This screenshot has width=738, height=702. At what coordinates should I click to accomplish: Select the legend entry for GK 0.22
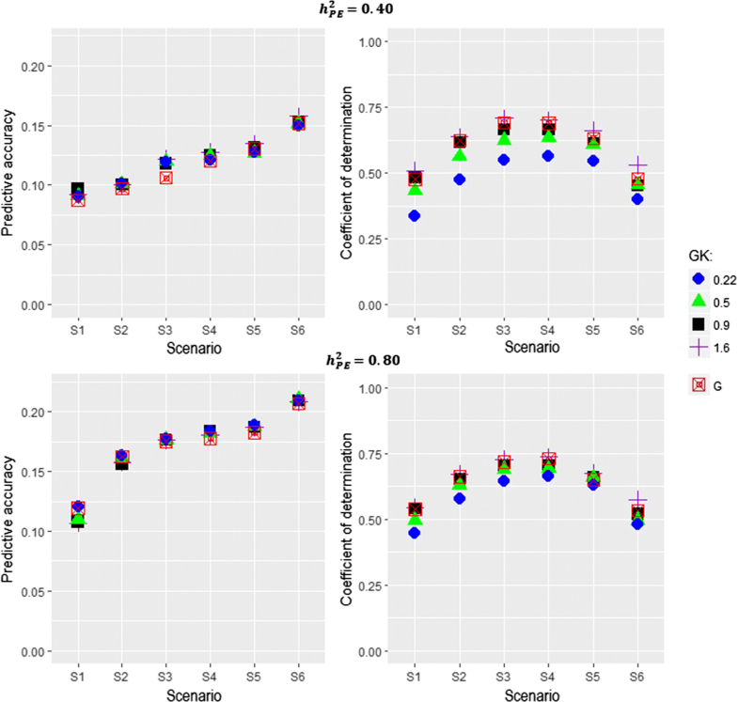point(698,279)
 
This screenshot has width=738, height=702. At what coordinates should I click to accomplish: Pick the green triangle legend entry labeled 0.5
point(698,301)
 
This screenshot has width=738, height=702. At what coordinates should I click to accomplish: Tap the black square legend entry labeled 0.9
point(698,322)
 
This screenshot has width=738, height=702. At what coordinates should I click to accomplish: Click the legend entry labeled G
point(698,384)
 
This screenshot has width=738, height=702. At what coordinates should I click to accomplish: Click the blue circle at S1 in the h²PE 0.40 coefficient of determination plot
point(415,216)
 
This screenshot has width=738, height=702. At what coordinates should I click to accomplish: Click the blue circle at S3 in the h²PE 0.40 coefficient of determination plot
point(504,160)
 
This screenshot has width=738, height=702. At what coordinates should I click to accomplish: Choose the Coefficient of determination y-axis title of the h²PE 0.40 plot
point(349,176)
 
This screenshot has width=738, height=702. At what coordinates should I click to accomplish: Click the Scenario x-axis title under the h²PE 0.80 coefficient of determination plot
point(526,693)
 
